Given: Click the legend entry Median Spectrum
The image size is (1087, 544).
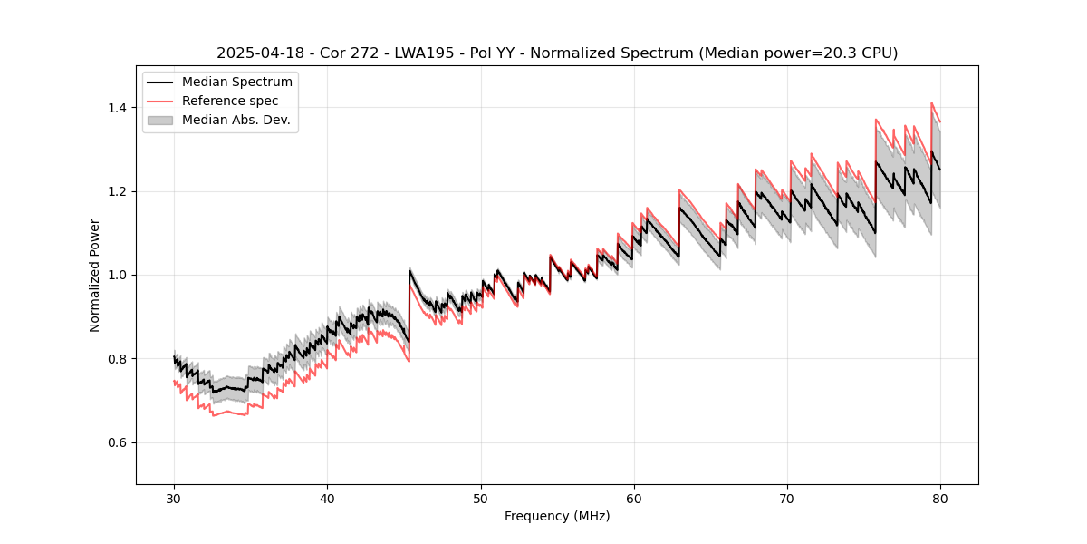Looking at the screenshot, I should point(237,83).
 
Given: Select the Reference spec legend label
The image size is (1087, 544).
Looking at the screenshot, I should point(230,101).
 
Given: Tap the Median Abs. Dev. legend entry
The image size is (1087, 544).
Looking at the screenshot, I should point(236,120).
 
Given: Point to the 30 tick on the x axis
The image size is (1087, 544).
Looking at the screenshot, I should point(175,498).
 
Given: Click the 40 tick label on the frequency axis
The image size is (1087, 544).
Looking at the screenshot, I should point(328,498).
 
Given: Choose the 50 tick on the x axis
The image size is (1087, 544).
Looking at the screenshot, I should point(481,498).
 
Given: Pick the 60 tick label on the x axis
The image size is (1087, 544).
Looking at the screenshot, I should point(634,498).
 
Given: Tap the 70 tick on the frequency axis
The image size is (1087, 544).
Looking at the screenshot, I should point(787,498).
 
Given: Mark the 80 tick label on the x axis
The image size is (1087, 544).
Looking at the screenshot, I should point(940,498).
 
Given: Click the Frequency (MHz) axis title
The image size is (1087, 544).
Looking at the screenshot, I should point(557,516).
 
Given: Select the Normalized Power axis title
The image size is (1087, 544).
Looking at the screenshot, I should point(95,275).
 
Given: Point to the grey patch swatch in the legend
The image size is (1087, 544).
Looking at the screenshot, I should point(162,120).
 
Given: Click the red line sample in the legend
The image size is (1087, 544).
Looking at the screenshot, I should point(162,101).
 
